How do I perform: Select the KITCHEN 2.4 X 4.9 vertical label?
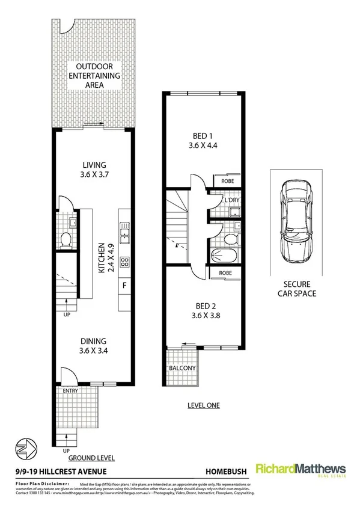tap(105, 258)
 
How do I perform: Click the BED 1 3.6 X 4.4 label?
tap(202, 140)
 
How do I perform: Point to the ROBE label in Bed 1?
tap(227, 180)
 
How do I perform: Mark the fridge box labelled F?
tap(125, 284)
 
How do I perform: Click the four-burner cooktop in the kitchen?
tap(125, 262)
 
